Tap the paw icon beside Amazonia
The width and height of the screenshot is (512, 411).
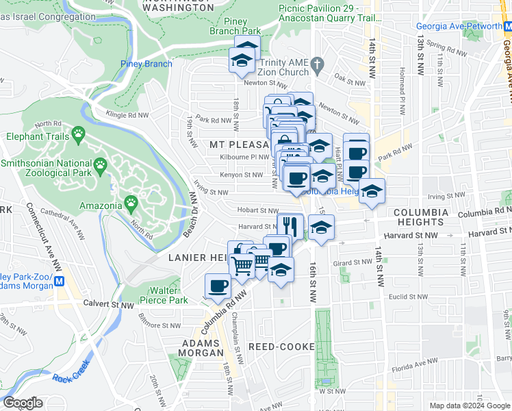[130, 203]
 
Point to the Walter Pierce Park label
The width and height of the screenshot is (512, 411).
[164, 295]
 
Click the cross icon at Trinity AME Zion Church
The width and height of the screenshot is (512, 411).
[316, 64]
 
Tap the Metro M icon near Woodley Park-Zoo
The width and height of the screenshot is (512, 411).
[60, 281]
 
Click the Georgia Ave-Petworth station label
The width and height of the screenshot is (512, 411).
[464, 27]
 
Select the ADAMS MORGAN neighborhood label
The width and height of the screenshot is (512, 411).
[201, 347]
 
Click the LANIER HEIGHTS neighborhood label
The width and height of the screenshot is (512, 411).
[197, 257]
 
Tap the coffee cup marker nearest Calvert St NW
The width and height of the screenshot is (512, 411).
[218, 286]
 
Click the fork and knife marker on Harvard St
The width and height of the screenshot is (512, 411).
[290, 225]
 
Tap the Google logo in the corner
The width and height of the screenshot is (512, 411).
[24, 403]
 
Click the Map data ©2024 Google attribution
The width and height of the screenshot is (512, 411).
[470, 406]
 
